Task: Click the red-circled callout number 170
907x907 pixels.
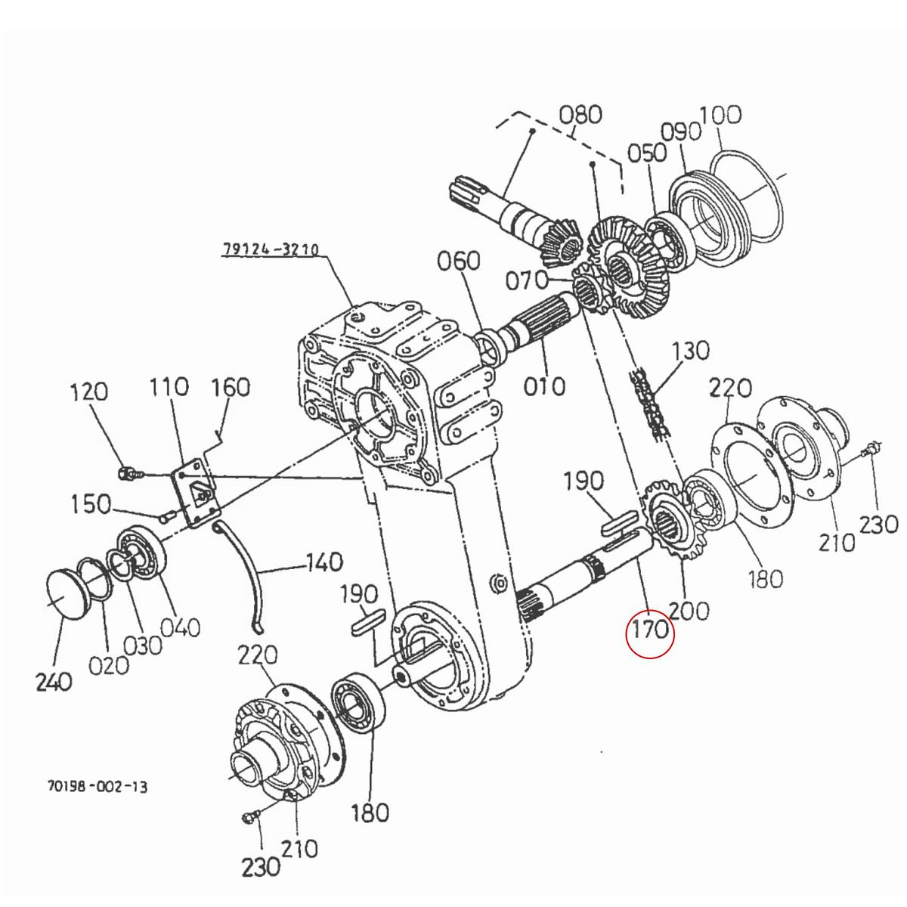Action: coord(650,629)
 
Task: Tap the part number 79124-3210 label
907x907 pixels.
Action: coord(271,249)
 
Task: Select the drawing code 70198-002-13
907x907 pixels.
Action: coord(98,787)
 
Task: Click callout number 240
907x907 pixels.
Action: coord(54,681)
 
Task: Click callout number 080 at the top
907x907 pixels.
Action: coord(580,115)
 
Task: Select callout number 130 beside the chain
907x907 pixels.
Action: coord(690,351)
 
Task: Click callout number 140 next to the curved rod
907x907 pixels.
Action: coord(324,562)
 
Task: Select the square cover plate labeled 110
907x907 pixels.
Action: coord(193,495)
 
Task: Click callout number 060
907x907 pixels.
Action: coord(459,261)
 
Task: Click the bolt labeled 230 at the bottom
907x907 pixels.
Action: coord(252,818)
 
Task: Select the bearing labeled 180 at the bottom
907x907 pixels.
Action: coord(359,704)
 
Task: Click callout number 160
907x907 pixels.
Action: coord(230,387)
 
